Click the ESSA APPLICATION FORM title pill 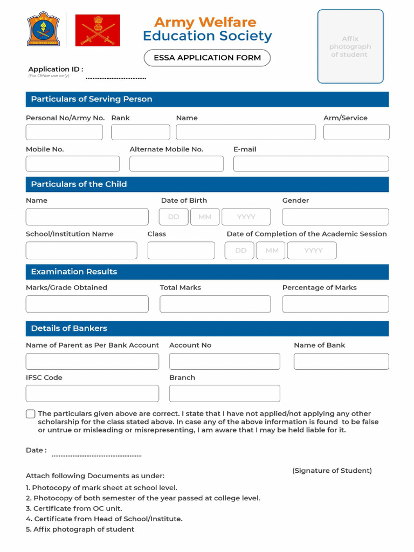(207, 58)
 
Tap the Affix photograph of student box (350, 46)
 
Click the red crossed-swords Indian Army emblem (98, 30)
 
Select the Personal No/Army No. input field (64, 132)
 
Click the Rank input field (141, 132)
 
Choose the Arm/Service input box (356, 132)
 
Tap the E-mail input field (310, 164)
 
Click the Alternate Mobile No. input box (176, 164)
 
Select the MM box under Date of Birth (205, 217)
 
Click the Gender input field (335, 217)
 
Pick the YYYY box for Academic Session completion (312, 251)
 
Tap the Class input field (181, 251)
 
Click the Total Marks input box (215, 304)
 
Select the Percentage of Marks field (335, 304)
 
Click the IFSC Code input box (92, 394)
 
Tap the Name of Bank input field (341, 361)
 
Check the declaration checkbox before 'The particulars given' (31, 414)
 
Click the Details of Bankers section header (207, 328)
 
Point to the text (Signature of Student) (332, 471)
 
